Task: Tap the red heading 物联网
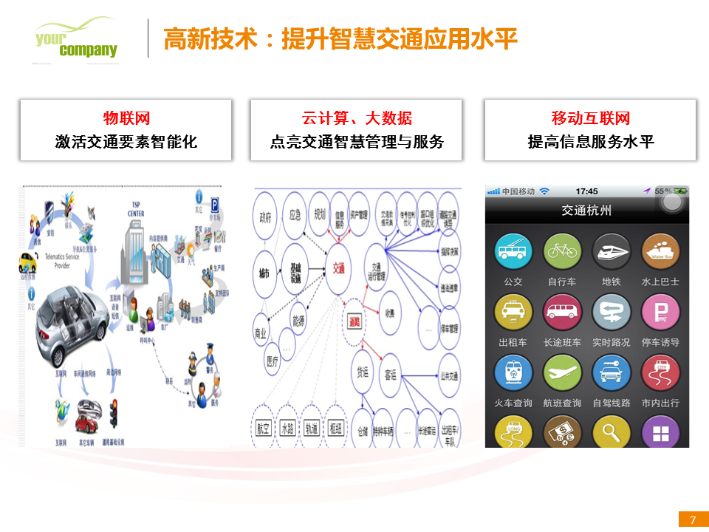pyautogui.click(x=126, y=118)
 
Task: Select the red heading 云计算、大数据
pyautogui.click(x=357, y=118)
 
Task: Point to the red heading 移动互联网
pyautogui.click(x=590, y=118)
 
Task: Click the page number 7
pyautogui.click(x=693, y=520)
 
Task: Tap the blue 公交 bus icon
pyautogui.click(x=513, y=251)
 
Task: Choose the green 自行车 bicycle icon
pyautogui.click(x=562, y=251)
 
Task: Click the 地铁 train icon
pyautogui.click(x=612, y=251)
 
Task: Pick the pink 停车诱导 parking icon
pyautogui.click(x=660, y=312)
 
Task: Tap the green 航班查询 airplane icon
pyautogui.click(x=562, y=372)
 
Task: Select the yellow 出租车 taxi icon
pyautogui.click(x=513, y=312)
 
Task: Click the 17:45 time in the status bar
pyautogui.click(x=586, y=191)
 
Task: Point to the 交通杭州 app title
pyautogui.click(x=586, y=211)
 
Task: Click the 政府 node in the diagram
pyautogui.click(x=265, y=218)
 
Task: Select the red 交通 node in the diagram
pyautogui.click(x=339, y=270)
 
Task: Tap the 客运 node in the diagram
pyautogui.click(x=391, y=375)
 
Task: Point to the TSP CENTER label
pyautogui.click(x=135, y=210)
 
